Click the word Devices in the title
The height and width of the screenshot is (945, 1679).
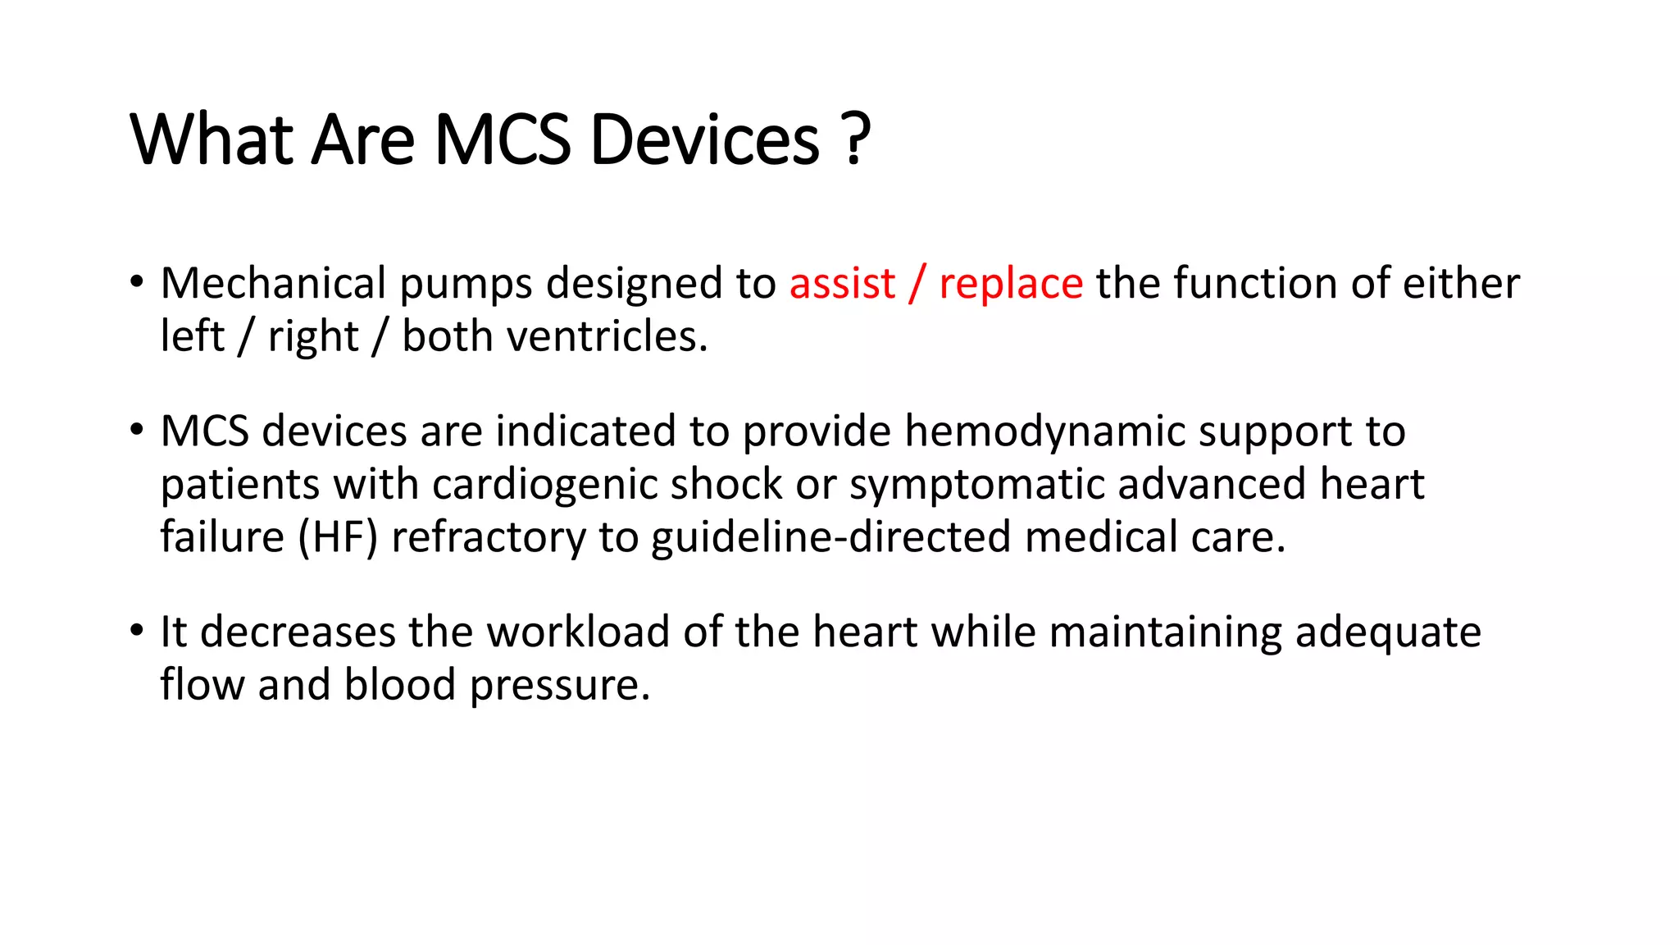(704, 140)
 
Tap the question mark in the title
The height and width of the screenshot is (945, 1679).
(855, 140)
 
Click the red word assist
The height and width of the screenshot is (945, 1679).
(842, 284)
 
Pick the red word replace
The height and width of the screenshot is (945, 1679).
(1011, 285)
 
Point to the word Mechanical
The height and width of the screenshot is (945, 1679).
(273, 284)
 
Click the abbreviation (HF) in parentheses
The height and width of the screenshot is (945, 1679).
(338, 538)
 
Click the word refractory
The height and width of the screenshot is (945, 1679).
(489, 538)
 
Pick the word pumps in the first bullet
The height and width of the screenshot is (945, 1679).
(466, 285)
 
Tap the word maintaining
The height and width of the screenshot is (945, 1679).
(1165, 634)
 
